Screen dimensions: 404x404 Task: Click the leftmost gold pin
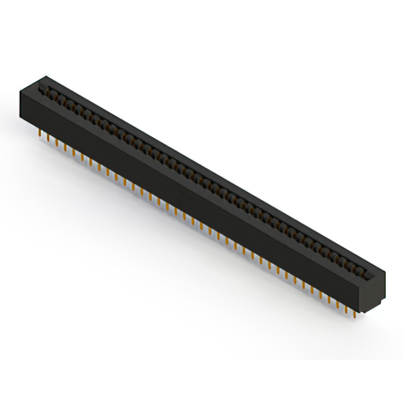39,134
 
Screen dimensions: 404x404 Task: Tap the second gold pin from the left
48,138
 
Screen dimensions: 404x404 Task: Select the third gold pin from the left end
56,143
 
